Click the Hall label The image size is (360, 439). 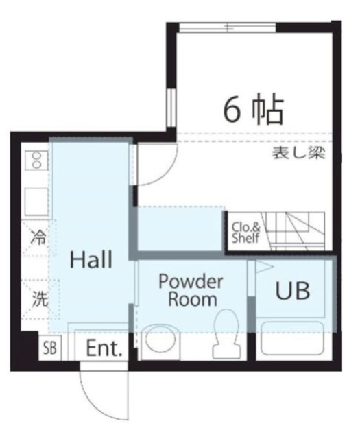tap(92, 260)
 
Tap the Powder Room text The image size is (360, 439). tap(191, 290)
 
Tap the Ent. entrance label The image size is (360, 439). tap(104, 348)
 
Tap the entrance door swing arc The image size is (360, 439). tap(103, 396)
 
